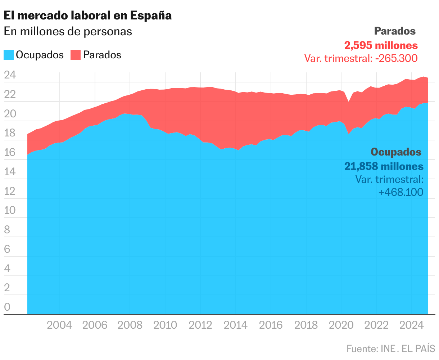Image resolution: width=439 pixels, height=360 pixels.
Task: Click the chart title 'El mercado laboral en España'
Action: point(87,15)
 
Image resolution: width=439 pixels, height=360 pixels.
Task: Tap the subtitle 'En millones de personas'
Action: point(68,32)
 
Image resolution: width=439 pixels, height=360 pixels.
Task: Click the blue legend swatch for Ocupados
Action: point(9,55)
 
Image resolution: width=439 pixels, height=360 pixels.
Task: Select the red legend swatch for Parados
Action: point(76,55)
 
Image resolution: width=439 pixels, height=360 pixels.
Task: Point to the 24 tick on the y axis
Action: point(10,75)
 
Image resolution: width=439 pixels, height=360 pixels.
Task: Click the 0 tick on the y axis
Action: point(7,307)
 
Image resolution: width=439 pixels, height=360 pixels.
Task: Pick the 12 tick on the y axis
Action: point(10,191)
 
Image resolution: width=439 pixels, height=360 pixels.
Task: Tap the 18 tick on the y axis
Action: point(10,133)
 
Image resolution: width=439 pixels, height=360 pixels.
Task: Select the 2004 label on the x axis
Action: point(60,325)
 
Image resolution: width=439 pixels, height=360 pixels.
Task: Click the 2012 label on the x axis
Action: point(201,325)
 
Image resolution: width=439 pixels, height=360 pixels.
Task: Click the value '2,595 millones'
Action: point(381,46)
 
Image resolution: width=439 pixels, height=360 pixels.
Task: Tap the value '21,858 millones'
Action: point(384,166)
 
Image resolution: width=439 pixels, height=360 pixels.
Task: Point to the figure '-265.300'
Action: point(396,58)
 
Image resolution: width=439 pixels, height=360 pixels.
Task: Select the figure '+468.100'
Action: point(401,192)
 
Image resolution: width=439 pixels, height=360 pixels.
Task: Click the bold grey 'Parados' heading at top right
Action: point(395,31)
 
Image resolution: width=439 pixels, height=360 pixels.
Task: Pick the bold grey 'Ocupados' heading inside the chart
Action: point(396,152)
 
